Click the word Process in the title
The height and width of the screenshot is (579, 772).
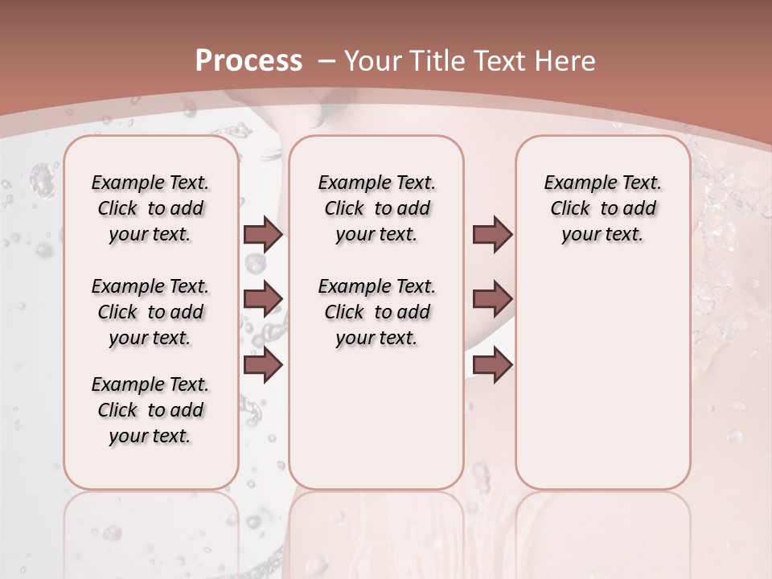coord(248,60)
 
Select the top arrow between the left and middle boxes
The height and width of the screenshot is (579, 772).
coord(263,234)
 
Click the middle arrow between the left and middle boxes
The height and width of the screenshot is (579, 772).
coord(263,298)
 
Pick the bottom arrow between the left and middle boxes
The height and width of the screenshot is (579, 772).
coord(263,365)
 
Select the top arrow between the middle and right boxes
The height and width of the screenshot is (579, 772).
coord(492,234)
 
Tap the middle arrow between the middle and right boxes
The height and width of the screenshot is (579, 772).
coord(492,298)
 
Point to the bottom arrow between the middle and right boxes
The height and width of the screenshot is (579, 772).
coord(492,365)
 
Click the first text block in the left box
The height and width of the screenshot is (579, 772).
coord(150,208)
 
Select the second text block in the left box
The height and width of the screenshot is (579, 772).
coord(150,312)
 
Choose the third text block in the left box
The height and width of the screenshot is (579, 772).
coord(150,410)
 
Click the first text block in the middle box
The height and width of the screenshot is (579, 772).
coord(376,208)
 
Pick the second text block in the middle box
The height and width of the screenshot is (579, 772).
coord(376,312)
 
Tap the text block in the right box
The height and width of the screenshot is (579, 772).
coord(603,208)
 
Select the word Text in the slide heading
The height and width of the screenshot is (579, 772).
coord(498,60)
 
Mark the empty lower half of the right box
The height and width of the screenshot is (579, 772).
coord(603,386)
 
